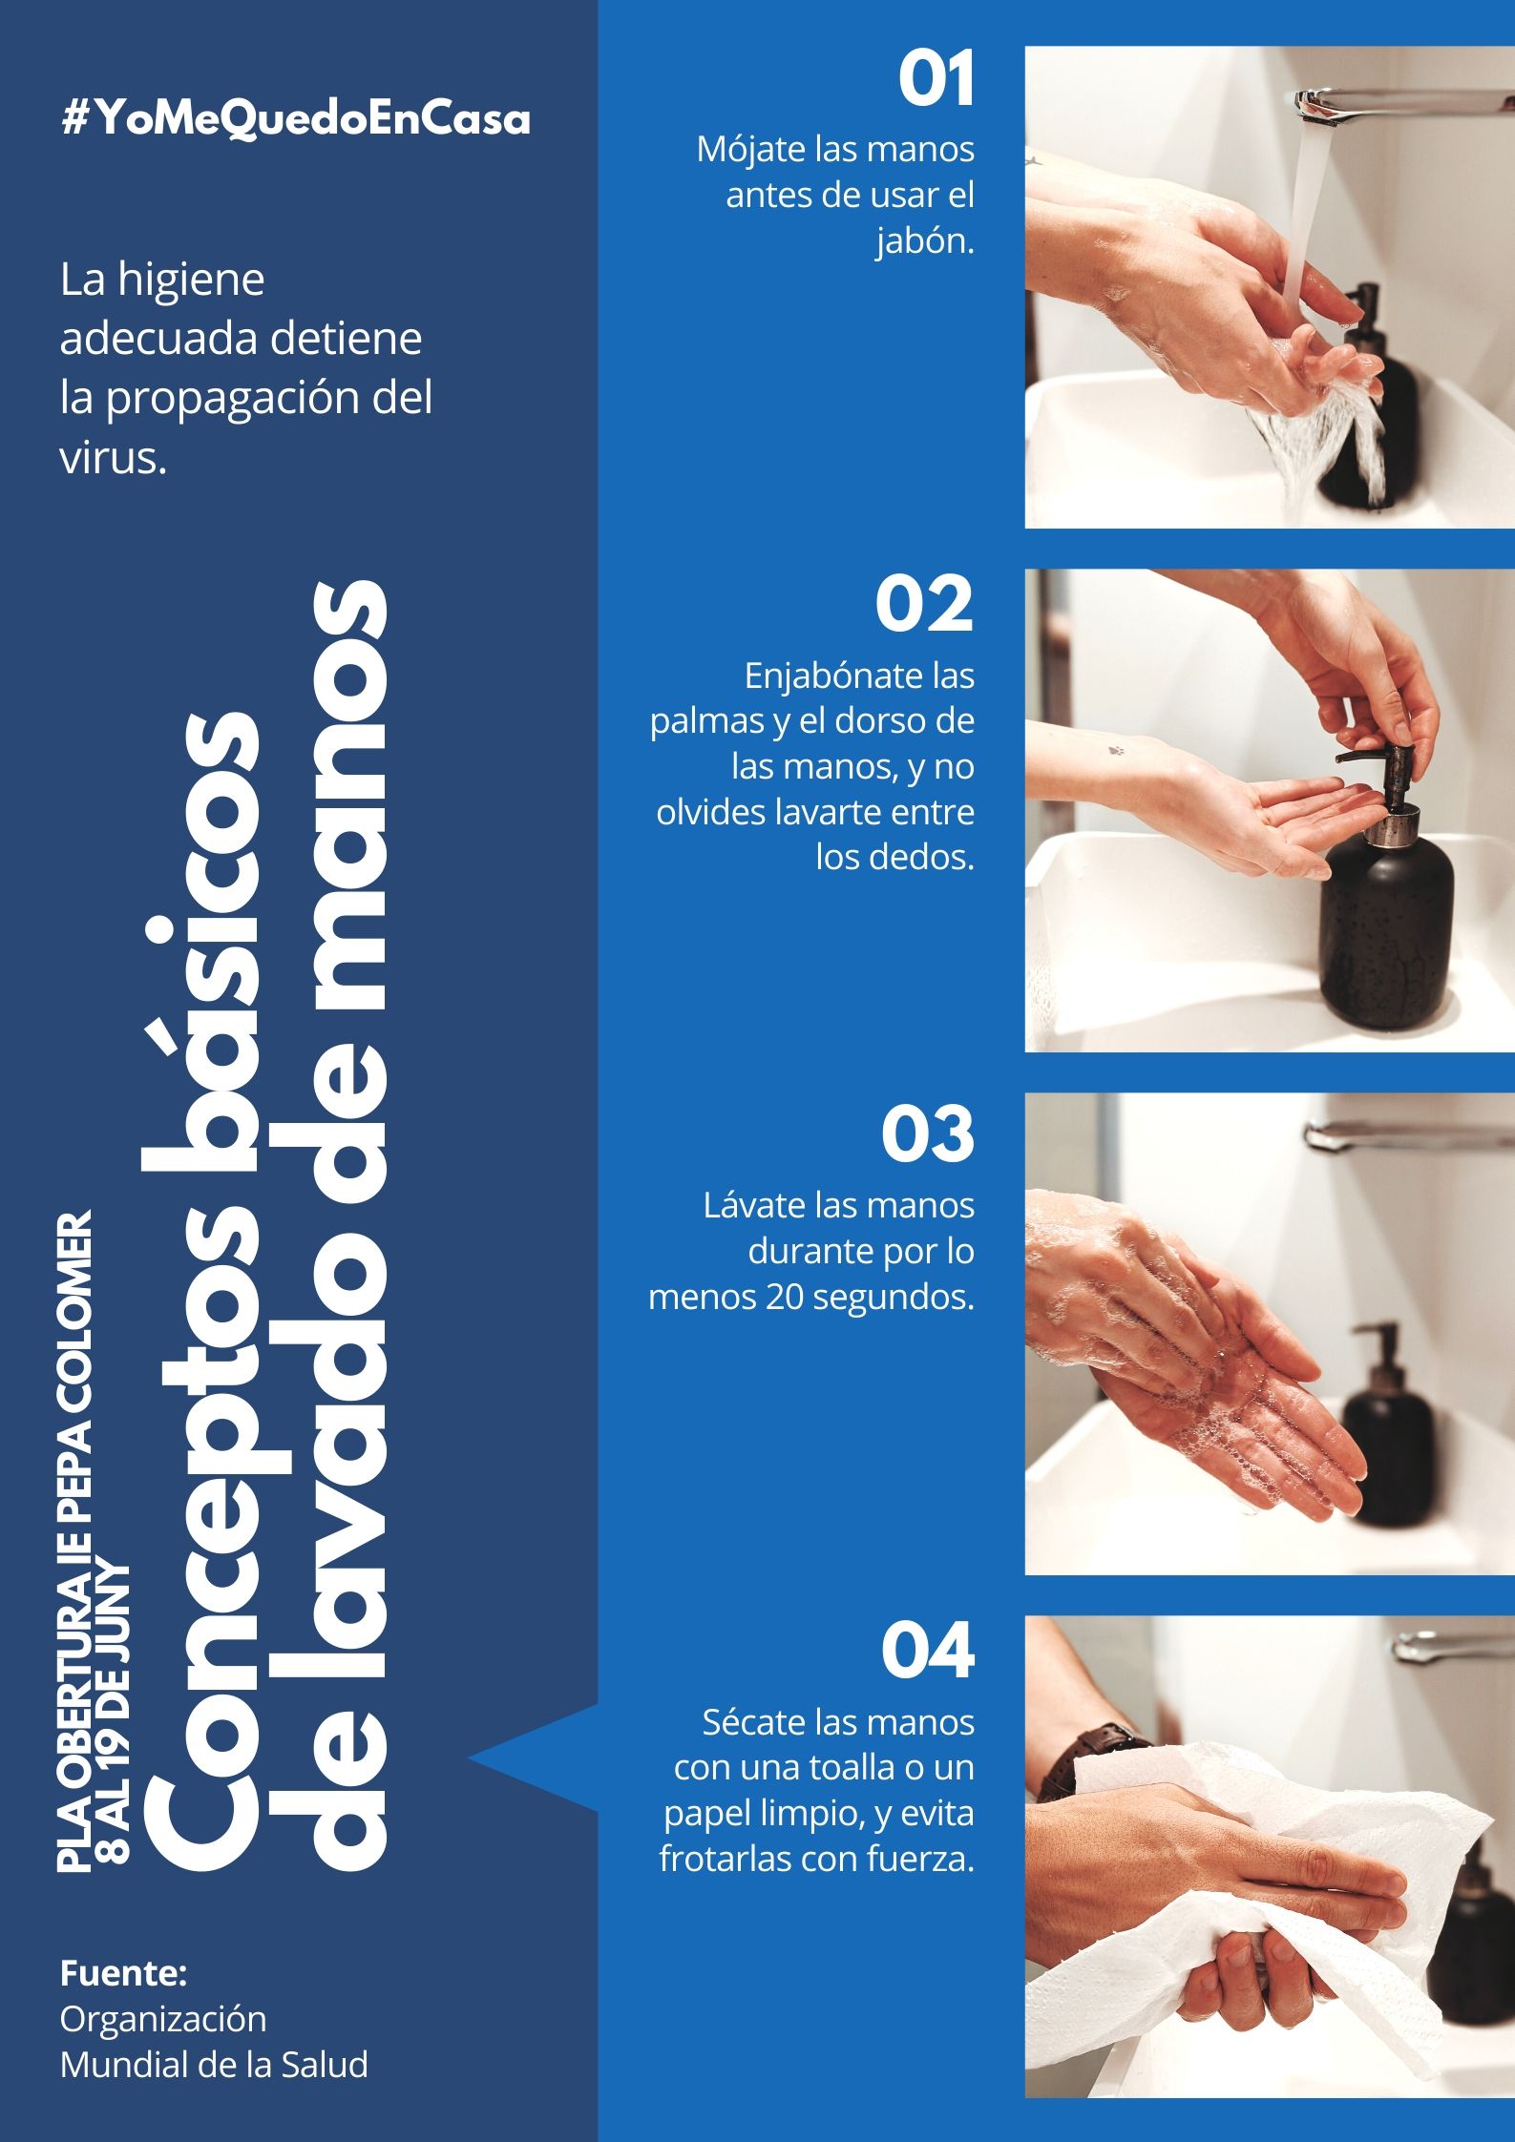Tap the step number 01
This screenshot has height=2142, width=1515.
pos(936,79)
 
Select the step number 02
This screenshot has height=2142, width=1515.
pos(924,604)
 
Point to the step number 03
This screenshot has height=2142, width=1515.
pos(927,1134)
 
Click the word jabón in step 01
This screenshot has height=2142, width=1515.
pos(925,241)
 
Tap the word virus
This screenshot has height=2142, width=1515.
pos(114,458)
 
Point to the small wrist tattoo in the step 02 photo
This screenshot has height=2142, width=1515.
pos(1117,750)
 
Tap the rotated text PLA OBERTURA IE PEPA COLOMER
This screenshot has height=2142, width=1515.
pos(76,1542)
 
